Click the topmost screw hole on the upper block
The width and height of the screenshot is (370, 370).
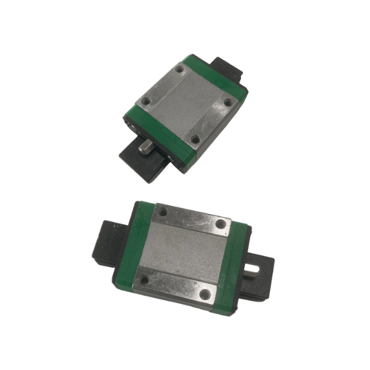(x=180, y=69)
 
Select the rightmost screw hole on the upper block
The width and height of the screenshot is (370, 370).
(x=227, y=102)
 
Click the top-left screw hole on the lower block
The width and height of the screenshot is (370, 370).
(x=162, y=213)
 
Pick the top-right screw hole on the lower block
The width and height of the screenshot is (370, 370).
(x=221, y=223)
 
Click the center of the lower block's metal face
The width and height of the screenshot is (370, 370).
(x=184, y=251)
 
